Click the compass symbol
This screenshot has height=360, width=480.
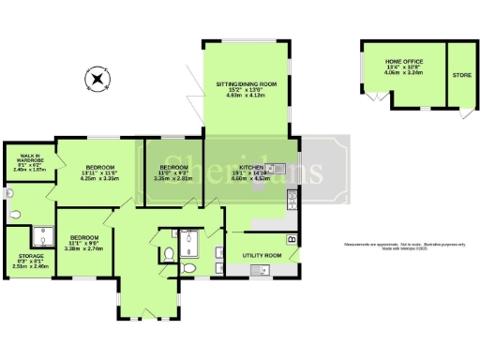pos(96,79)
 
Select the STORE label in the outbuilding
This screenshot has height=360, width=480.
pos(460,74)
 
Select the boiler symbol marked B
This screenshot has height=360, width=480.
pos(292,241)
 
